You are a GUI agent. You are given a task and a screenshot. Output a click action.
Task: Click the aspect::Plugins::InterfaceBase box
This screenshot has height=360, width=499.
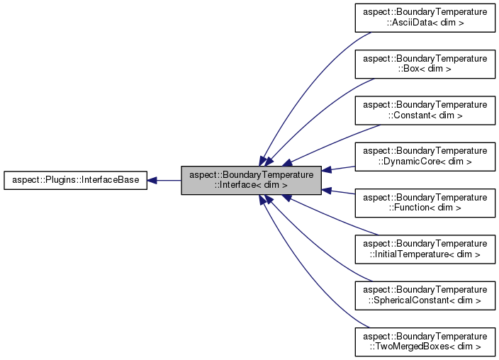[75, 180]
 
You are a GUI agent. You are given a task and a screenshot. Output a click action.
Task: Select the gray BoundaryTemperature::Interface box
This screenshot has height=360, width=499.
[252, 180]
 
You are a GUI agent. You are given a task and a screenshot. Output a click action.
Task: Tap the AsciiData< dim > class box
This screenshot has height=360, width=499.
[425, 18]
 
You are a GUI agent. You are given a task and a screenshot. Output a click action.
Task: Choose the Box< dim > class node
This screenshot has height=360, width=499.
[425, 64]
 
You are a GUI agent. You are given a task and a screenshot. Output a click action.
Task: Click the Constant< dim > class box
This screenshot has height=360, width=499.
[425, 110]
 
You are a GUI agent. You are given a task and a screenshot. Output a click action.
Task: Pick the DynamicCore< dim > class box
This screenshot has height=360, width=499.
[425, 157]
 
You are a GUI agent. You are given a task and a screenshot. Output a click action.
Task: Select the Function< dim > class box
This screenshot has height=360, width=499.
[425, 203]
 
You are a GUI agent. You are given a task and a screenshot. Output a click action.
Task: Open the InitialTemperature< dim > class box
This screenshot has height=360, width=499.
[425, 249]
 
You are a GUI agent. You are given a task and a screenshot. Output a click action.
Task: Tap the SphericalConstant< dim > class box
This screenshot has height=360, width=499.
[425, 295]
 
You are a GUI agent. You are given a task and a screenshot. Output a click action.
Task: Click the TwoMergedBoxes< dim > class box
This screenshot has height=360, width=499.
[425, 342]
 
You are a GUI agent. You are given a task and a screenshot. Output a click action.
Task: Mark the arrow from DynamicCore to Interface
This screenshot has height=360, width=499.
[339, 169]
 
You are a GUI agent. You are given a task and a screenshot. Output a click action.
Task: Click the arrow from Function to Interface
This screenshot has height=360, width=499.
[339, 191]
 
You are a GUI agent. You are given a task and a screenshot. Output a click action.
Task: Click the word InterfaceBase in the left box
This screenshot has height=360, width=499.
[113, 180]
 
